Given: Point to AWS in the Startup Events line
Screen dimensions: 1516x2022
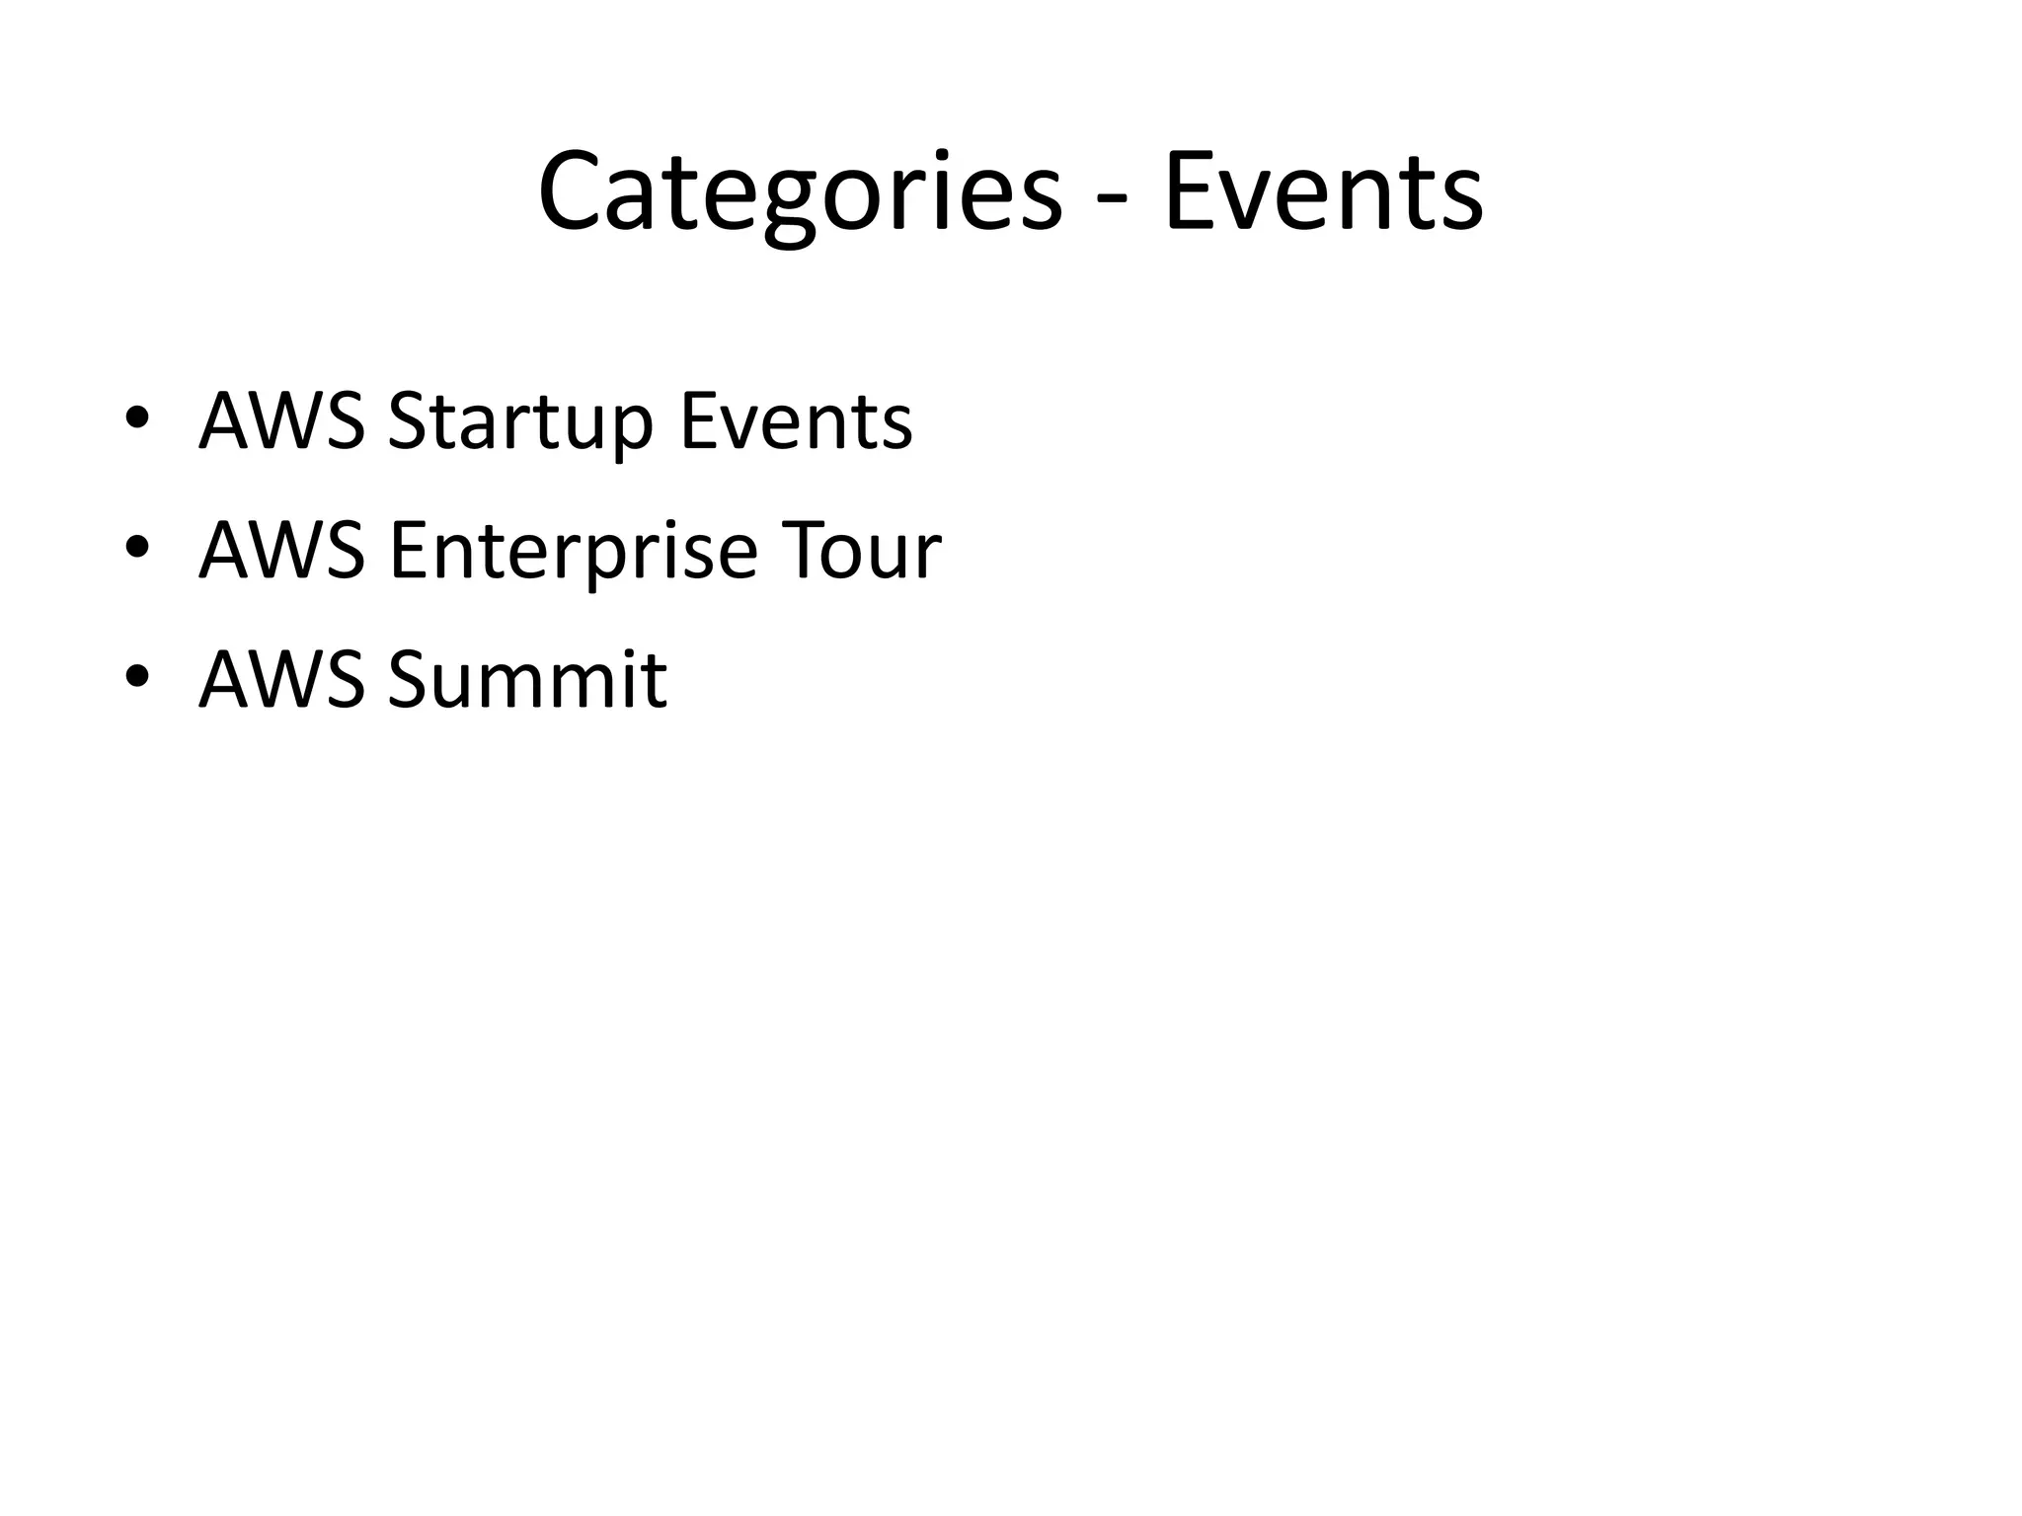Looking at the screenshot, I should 281,421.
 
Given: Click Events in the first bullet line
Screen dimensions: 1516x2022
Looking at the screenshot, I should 796,421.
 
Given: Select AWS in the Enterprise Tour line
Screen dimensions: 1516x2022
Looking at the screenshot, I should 281,550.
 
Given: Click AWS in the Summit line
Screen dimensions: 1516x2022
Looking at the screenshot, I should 281,679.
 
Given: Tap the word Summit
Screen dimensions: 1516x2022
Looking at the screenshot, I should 527,679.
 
